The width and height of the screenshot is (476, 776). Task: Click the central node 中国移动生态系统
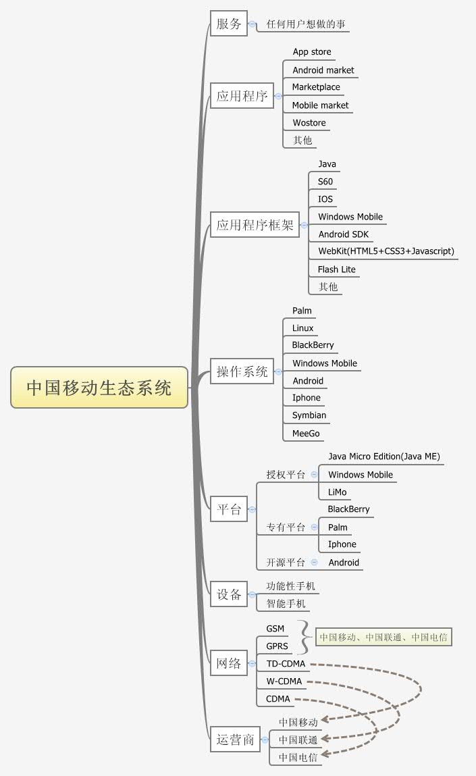pyautogui.click(x=99, y=388)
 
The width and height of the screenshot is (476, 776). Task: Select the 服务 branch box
pyautogui.click(x=229, y=24)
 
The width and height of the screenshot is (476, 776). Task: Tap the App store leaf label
pyautogui.click(x=312, y=52)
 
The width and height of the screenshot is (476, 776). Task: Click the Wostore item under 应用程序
pyautogui.click(x=309, y=123)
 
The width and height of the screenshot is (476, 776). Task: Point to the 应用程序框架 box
pyautogui.click(x=255, y=225)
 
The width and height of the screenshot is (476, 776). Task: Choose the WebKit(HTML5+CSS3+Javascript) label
pyautogui.click(x=386, y=251)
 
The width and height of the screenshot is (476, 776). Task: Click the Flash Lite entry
pyautogui.click(x=337, y=269)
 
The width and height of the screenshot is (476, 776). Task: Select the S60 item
pyautogui.click(x=325, y=182)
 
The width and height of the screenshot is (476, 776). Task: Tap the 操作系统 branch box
pyautogui.click(x=242, y=371)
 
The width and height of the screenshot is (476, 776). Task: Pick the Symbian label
pyautogui.click(x=309, y=415)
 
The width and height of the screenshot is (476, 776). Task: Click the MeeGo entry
pyautogui.click(x=306, y=433)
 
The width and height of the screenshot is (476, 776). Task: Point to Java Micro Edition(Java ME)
pyautogui.click(x=384, y=457)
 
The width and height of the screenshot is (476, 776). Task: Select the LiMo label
pyautogui.click(x=338, y=492)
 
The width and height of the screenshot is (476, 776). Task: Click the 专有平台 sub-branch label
pyautogui.click(x=286, y=527)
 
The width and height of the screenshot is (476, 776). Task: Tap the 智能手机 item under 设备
pyautogui.click(x=286, y=603)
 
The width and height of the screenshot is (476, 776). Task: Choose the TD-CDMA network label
pyautogui.click(x=286, y=664)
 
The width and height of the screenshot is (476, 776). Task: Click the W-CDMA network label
pyautogui.click(x=284, y=681)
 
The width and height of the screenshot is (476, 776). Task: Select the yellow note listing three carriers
pyautogui.click(x=384, y=637)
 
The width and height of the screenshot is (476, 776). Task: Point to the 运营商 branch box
pyautogui.click(x=235, y=740)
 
